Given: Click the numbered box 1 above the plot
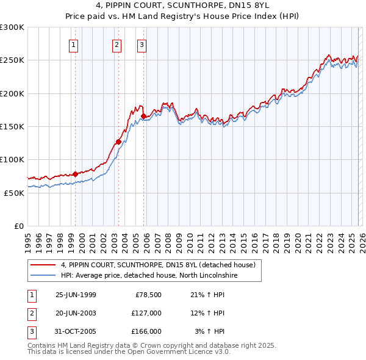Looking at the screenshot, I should pyautogui.click(x=73, y=44).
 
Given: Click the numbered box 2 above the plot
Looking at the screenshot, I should pyautogui.click(x=117, y=44).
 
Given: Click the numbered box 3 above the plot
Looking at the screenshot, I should pyautogui.click(x=142, y=44).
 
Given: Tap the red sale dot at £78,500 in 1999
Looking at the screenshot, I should pyautogui.click(x=76, y=174).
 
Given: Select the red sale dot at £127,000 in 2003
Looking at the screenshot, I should pyautogui.click(x=118, y=142).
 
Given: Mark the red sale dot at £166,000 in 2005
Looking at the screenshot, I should pyautogui.click(x=144, y=116).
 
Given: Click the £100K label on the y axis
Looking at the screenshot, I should pyautogui.click(x=12, y=159).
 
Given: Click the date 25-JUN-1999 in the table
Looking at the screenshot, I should pyautogui.click(x=76, y=295).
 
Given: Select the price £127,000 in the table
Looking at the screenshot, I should pyautogui.click(x=146, y=313).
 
